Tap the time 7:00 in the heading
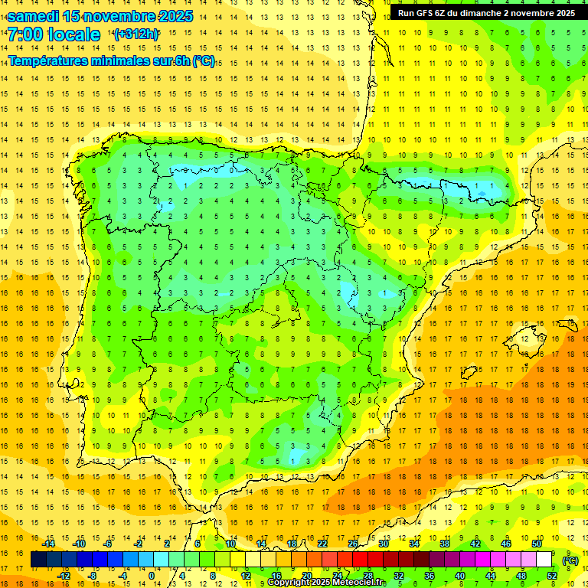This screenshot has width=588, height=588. pos(24,34)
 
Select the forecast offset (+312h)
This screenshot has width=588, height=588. pos(136,34)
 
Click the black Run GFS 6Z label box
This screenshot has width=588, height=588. pos(486,13)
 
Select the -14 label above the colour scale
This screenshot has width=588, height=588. pos(48,544)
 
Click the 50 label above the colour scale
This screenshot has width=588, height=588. pos(536,544)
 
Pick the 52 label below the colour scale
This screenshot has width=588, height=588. pos(551,576)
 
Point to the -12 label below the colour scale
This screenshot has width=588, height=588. pos(64,576)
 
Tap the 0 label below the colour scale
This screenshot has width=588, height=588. pos(151,576)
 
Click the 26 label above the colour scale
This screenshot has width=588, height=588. pos(353,544)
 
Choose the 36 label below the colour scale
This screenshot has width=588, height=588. pos(429,576)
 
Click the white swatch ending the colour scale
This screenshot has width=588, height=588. pos(544,560)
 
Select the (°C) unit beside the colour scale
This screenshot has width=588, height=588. pos(570,560)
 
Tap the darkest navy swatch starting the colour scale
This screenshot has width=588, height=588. pos(38,560)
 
